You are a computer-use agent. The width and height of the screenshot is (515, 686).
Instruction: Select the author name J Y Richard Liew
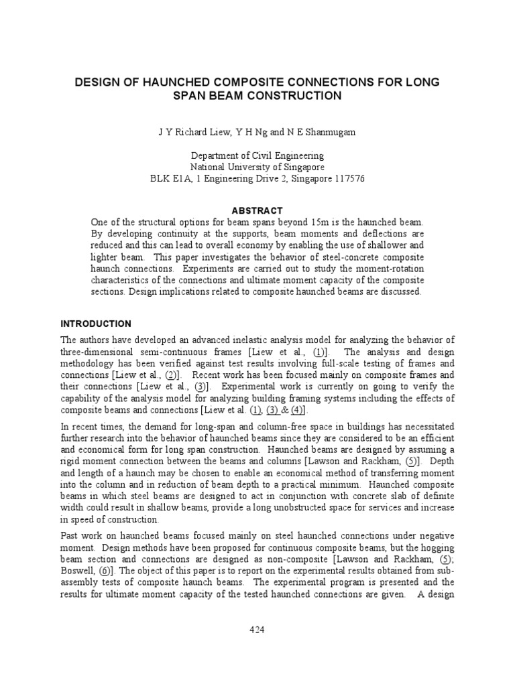tap(187, 133)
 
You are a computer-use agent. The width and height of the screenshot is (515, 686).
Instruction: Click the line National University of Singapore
tap(257, 167)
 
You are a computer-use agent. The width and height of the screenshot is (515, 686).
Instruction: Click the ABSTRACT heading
tap(257, 210)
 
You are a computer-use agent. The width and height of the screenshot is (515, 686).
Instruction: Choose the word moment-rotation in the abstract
tap(388, 269)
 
